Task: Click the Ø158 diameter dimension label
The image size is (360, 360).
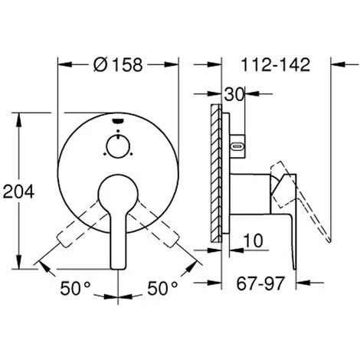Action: pyautogui.click(x=118, y=64)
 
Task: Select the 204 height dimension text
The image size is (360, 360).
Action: pyautogui.click(x=18, y=191)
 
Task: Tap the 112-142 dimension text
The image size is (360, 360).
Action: pyautogui.click(x=276, y=64)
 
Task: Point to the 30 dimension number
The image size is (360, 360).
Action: pyautogui.click(x=234, y=95)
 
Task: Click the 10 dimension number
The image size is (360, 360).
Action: pyautogui.click(x=253, y=241)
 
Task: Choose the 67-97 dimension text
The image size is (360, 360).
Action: pyautogui.click(x=260, y=283)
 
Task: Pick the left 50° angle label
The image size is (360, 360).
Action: pyautogui.click(x=75, y=288)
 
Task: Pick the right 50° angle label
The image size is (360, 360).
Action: pyautogui.click(x=162, y=288)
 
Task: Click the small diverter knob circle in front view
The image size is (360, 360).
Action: pyautogui.click(x=118, y=146)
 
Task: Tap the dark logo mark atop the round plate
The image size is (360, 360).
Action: pyautogui.click(x=118, y=120)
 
